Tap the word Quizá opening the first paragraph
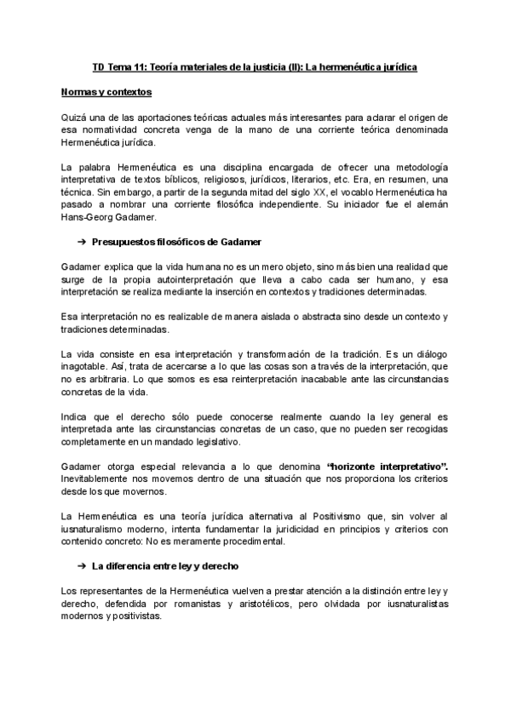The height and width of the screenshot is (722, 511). coord(75,117)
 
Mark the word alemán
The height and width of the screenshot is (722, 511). coord(429,205)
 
